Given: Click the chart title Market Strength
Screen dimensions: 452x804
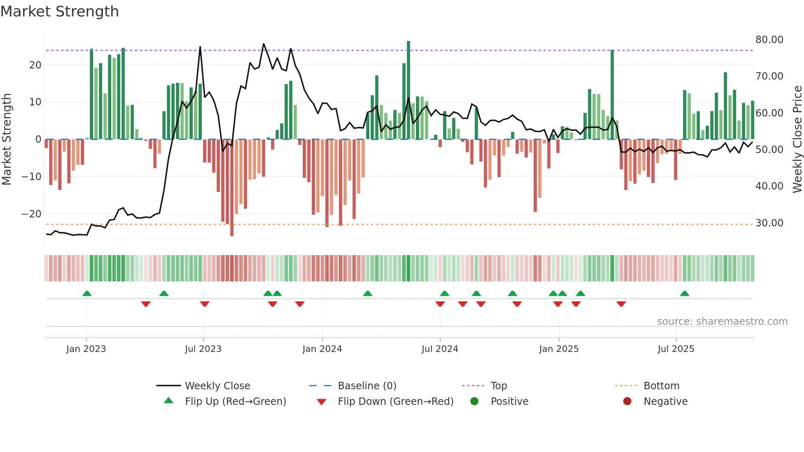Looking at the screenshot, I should [x=59, y=11].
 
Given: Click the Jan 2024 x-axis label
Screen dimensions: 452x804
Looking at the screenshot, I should [x=322, y=349].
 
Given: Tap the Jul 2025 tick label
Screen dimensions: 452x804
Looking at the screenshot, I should [x=676, y=349].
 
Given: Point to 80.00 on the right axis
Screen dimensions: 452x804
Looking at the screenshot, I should [x=769, y=40].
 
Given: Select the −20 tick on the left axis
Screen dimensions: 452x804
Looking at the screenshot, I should [x=31, y=214].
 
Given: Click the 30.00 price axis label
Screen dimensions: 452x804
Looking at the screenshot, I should [x=769, y=223].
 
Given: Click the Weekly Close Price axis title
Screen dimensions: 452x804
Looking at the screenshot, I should [x=797, y=139].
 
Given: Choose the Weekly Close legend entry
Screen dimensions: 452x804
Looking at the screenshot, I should [x=217, y=386].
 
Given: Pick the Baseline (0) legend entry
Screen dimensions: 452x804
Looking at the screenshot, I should [x=367, y=386].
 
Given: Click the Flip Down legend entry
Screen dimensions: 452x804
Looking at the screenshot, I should [x=395, y=402].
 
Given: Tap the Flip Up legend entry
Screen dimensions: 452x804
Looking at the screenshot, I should [x=235, y=402].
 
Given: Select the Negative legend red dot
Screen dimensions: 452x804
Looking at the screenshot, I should [x=627, y=402].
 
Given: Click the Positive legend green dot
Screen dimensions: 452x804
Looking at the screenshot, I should [x=474, y=402].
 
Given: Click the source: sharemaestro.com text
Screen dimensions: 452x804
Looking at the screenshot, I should [x=722, y=322].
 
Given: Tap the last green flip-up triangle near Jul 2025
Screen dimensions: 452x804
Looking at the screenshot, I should [x=684, y=293].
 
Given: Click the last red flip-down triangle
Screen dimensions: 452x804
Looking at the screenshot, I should [x=621, y=304].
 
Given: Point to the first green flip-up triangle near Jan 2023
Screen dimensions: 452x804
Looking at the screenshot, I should [x=87, y=293].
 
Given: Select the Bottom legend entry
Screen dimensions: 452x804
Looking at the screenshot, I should [x=661, y=386].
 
